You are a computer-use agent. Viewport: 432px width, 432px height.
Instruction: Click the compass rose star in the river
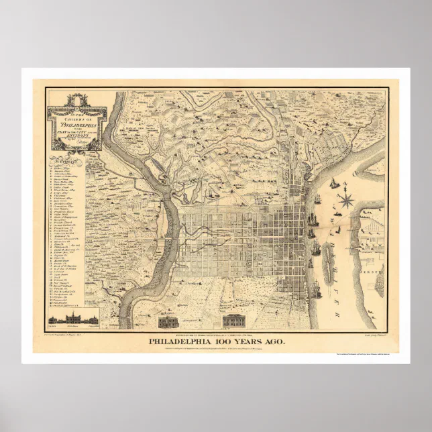coord(347,199)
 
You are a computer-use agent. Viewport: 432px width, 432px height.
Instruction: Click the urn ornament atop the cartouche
coord(78,97)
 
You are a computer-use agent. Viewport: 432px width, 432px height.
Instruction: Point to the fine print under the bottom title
coord(215,349)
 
